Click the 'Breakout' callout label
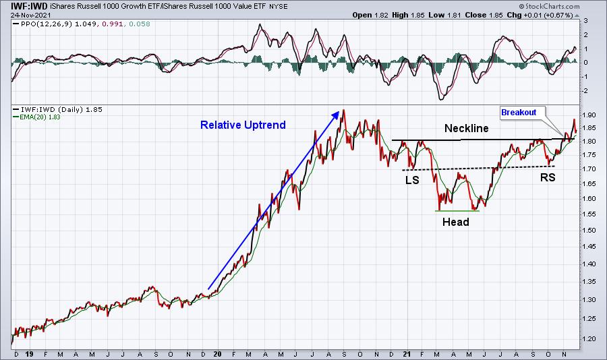(x=521, y=113)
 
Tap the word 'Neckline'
(x=467, y=127)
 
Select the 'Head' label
(x=455, y=221)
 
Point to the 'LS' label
(x=412, y=180)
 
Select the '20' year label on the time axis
(x=218, y=353)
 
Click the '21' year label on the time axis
(x=407, y=353)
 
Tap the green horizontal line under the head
(x=457, y=211)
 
